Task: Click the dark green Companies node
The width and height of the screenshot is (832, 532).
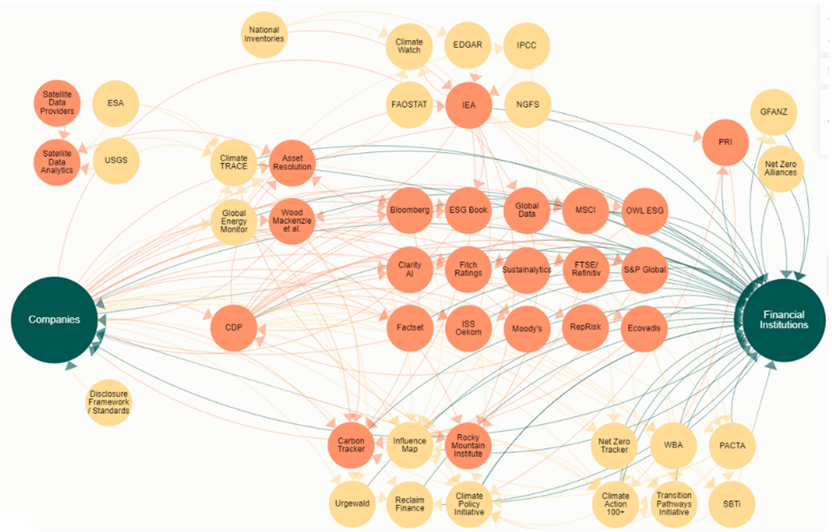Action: (54, 320)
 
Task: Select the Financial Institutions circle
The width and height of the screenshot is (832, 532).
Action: (784, 320)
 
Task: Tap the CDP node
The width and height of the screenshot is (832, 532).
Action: (234, 327)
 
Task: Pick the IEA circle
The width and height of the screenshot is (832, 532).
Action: (469, 105)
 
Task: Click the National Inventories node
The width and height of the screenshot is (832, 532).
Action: (264, 34)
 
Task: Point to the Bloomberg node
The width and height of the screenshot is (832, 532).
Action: (410, 210)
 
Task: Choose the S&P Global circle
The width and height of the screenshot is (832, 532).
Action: (645, 270)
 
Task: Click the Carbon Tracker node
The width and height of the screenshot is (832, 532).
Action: (351, 445)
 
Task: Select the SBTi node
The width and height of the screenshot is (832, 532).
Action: (731, 504)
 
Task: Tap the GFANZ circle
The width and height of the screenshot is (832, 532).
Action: (773, 112)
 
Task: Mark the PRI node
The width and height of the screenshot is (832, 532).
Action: (725, 142)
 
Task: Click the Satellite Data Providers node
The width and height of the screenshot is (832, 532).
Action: (57, 103)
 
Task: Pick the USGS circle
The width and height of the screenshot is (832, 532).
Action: (116, 160)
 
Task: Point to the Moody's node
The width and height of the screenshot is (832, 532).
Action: (527, 328)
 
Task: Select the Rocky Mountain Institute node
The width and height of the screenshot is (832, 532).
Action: (468, 445)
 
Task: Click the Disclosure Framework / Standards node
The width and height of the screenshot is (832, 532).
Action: (109, 402)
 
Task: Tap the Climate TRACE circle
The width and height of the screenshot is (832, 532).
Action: (234, 162)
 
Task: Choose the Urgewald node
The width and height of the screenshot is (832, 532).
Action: (352, 503)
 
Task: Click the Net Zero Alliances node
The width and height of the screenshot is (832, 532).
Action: (780, 168)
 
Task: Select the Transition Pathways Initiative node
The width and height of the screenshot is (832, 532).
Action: (674, 503)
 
